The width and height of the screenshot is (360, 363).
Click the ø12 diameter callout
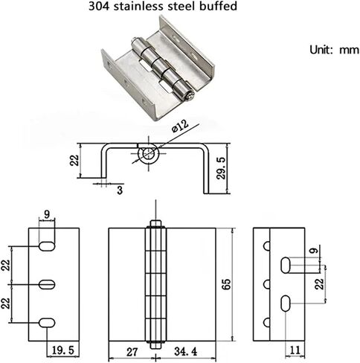[x=181, y=126]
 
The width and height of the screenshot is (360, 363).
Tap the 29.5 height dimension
[x=221, y=168]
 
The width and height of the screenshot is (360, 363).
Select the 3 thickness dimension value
[x=120, y=190]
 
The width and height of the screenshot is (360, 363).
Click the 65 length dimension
[x=226, y=284]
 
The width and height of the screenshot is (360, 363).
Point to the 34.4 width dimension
[x=186, y=352]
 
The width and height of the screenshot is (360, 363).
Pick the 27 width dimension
[x=132, y=352]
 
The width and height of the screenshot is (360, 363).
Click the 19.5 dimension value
[x=63, y=350]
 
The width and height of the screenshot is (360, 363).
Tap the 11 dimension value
[x=295, y=350]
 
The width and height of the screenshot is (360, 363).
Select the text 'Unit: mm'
[x=334, y=50]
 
